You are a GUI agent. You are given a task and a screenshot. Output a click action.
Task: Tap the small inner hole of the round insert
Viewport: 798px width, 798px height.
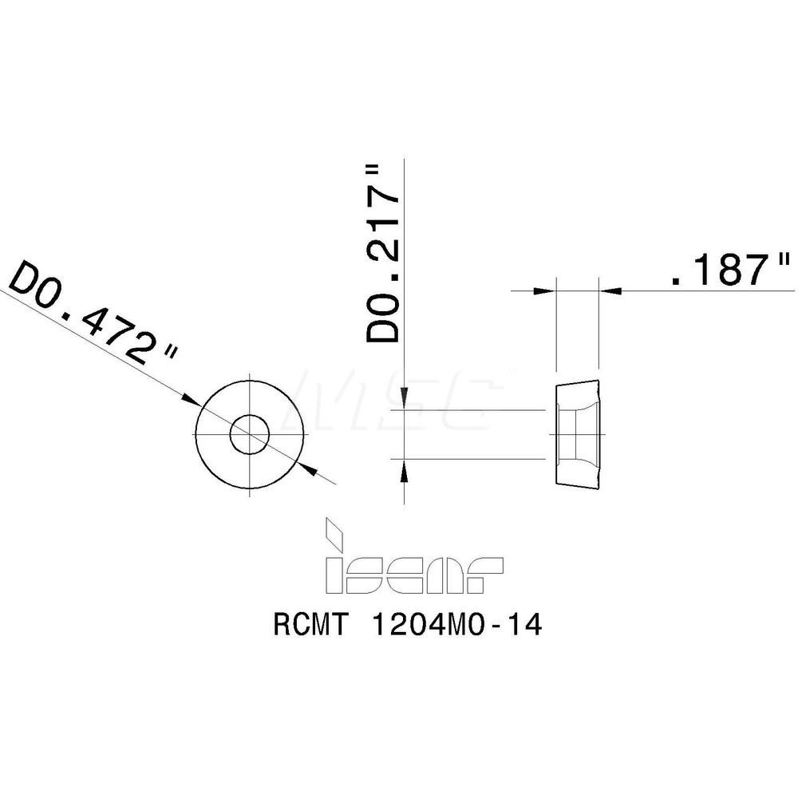point(250,435)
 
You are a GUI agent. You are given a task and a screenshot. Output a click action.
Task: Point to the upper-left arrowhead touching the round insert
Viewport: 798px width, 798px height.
point(192,398)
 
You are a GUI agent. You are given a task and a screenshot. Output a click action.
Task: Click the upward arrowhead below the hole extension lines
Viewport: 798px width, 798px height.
point(405,470)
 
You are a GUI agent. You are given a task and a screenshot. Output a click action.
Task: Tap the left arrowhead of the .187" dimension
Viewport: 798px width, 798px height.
point(546,291)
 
